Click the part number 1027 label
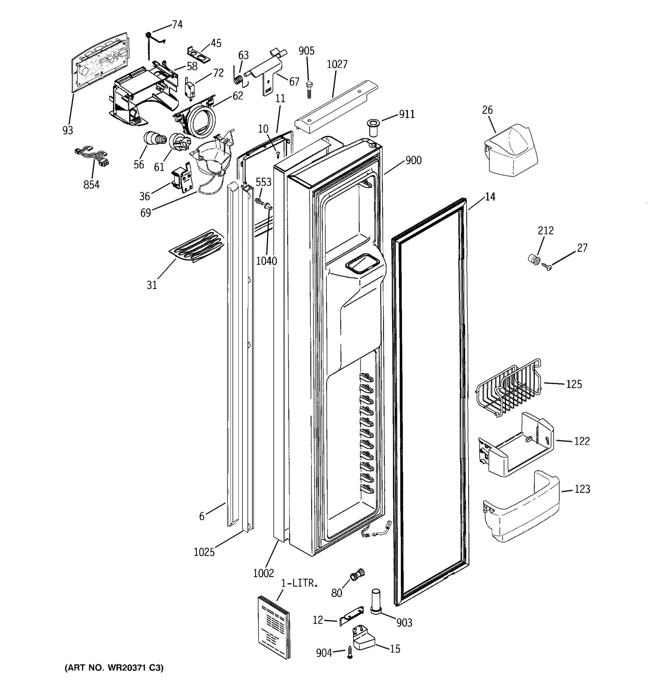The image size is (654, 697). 337,64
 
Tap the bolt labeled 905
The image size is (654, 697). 309,90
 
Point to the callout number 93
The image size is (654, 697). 68,130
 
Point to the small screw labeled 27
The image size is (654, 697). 547,267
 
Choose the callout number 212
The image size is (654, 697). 546,231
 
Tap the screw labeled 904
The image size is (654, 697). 349,653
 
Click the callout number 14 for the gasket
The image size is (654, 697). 490,197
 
